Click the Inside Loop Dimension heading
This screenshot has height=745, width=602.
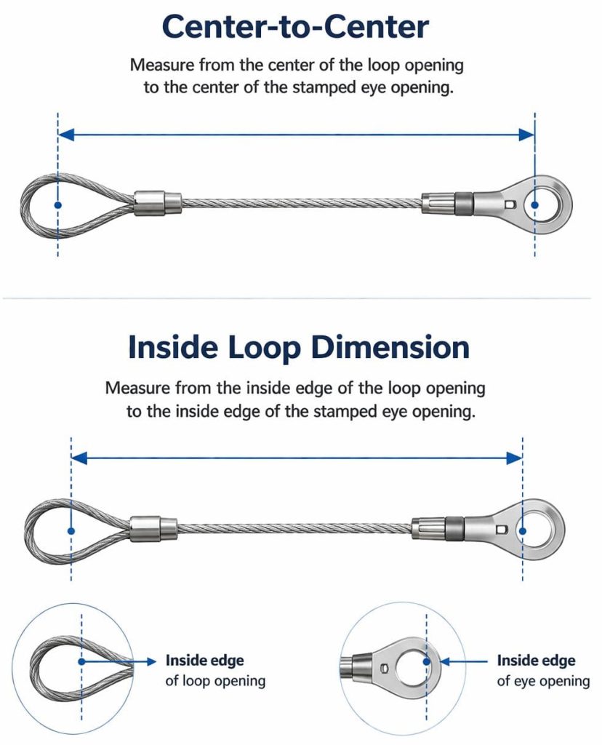point(298,347)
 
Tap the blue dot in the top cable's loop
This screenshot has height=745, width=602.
point(58,205)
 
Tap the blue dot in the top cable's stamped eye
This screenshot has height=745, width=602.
point(535,205)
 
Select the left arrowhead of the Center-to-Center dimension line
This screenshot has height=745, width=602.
point(65,135)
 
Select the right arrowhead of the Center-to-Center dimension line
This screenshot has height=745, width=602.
point(527,135)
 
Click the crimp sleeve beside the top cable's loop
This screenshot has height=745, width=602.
point(157,203)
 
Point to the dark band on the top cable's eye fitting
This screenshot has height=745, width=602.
point(464,203)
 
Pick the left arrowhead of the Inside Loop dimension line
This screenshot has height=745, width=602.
point(79,458)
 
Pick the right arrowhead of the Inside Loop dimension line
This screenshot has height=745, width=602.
point(515,458)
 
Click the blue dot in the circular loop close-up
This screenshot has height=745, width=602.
point(83,661)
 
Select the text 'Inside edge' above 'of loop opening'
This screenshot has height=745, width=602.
point(204,661)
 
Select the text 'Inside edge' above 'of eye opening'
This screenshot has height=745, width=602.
point(536,661)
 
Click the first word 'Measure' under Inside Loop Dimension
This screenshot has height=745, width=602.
point(135,387)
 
